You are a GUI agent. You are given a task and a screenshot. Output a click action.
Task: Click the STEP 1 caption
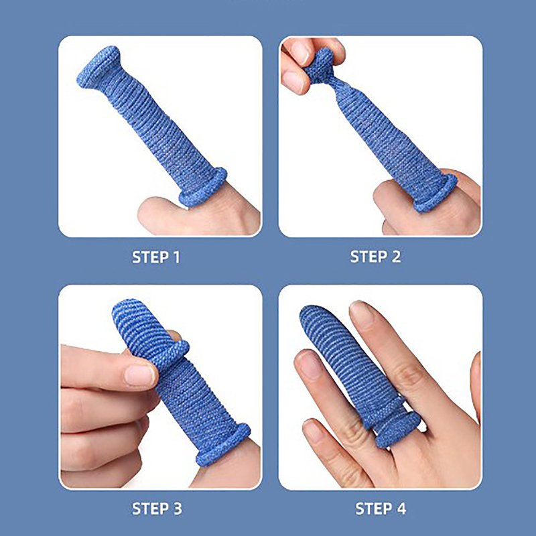pos(156,257)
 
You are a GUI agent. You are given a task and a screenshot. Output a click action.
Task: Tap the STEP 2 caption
pos(375,257)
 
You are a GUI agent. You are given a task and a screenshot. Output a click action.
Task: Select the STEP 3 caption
pos(157,509)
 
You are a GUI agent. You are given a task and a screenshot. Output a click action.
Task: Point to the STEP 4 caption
pos(381,509)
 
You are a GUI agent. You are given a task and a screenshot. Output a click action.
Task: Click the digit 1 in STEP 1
pos(176,257)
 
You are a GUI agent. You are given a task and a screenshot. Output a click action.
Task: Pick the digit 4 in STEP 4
pos(401,509)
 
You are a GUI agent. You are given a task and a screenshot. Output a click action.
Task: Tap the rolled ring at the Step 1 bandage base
pos(203,188)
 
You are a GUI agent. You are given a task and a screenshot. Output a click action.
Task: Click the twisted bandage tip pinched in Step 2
pos(319,66)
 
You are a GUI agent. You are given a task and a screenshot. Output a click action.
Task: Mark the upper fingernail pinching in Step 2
pos(301,52)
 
